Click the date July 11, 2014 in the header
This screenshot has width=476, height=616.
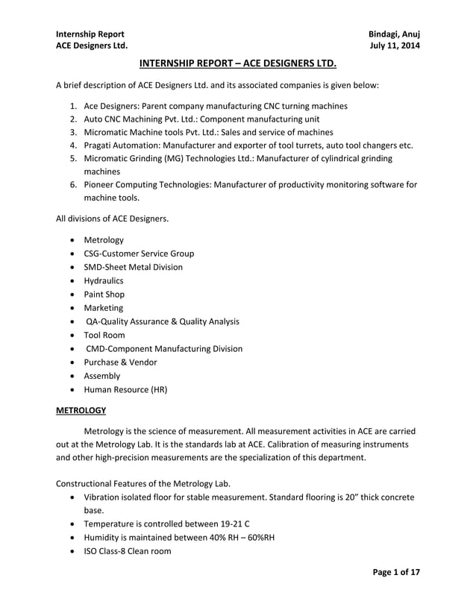[x=395, y=46]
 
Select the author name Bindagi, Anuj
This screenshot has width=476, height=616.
[x=394, y=34]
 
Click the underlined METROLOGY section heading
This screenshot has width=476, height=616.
[x=81, y=410]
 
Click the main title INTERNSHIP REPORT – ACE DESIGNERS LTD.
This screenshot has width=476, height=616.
[x=238, y=64]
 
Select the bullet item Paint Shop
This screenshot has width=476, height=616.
[x=104, y=294]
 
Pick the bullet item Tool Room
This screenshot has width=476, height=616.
[x=104, y=335]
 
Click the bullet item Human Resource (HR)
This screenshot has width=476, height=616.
[x=125, y=389]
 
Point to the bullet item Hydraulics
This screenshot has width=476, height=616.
[x=104, y=280]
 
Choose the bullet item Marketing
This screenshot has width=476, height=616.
[x=104, y=307]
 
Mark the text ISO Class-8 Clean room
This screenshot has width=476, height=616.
[x=128, y=551]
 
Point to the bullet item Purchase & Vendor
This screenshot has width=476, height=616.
[x=120, y=362]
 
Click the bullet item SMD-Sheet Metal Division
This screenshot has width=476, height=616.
[x=133, y=267]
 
